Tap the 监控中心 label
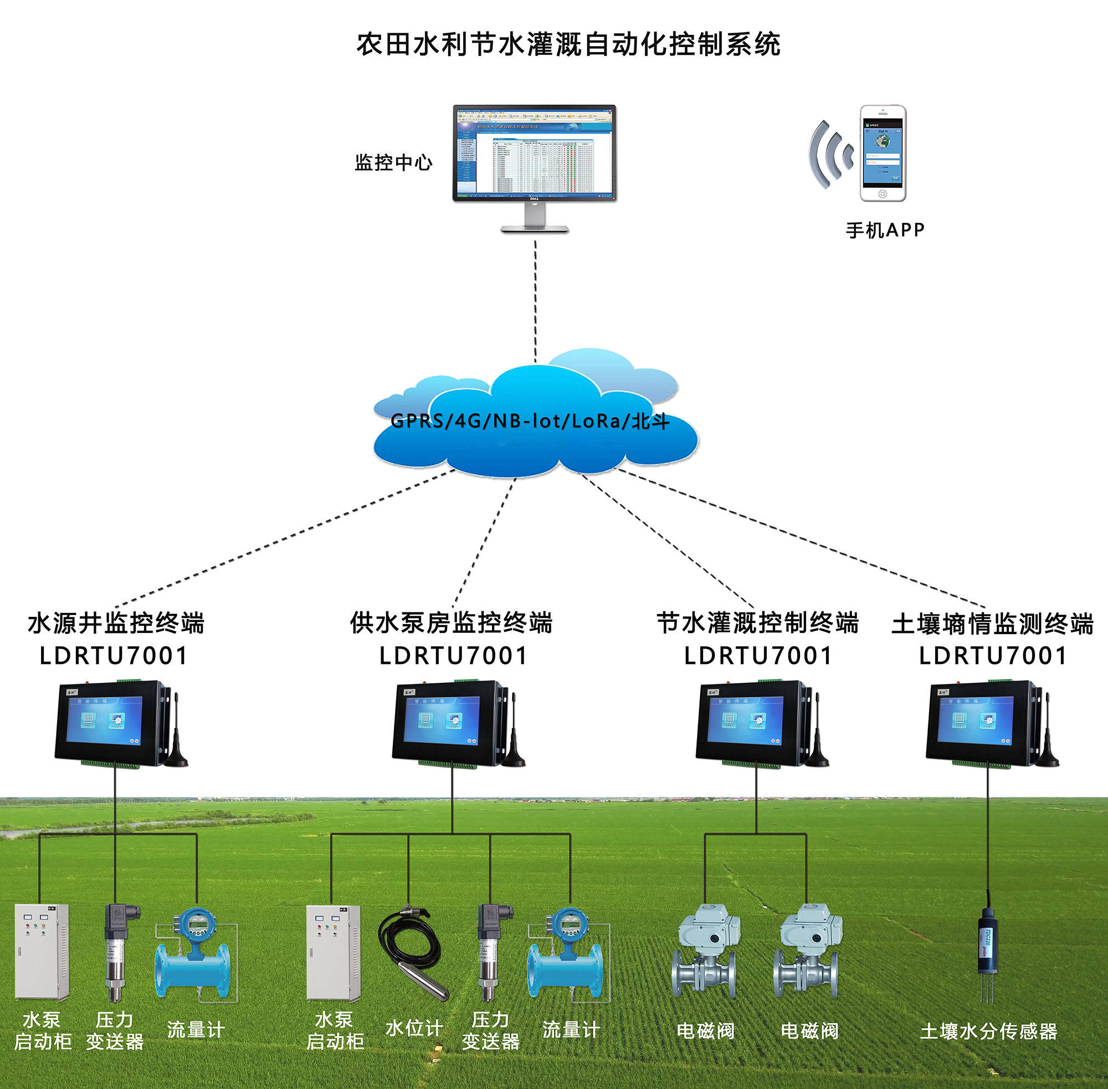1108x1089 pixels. pyautogui.click(x=393, y=163)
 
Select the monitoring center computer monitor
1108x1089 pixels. pyautogui.click(x=534, y=154)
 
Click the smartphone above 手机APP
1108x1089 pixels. pyautogui.click(x=883, y=153)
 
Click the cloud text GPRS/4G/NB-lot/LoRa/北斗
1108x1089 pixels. pyautogui.click(x=530, y=422)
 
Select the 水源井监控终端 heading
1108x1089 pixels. pyautogui.click(x=116, y=623)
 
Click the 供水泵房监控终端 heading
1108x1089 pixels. pyautogui.click(x=451, y=623)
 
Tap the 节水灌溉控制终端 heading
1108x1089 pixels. pyautogui.click(x=757, y=623)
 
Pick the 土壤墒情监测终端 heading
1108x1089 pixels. pyautogui.click(x=992, y=624)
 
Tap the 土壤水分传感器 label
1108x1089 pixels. pyautogui.click(x=988, y=1031)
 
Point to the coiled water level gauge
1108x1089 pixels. pyautogui.click(x=411, y=949)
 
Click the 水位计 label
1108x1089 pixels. pyautogui.click(x=414, y=1028)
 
